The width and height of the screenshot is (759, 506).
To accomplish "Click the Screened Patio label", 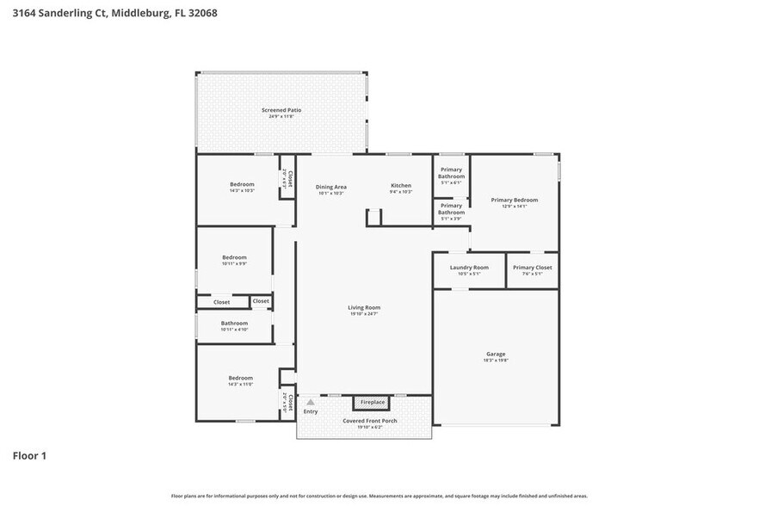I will click(x=281, y=110).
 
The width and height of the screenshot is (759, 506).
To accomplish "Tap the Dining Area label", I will click(x=330, y=187).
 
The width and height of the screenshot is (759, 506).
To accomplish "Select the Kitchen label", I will click(x=401, y=186).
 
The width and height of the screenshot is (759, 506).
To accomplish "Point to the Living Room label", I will click(x=364, y=307).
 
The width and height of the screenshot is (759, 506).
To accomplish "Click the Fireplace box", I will click(x=373, y=402).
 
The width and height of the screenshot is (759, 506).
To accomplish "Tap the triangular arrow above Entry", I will click(x=311, y=401).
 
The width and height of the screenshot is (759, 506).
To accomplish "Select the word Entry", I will click(x=311, y=411).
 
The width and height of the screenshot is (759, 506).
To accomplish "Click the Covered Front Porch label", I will click(x=364, y=421).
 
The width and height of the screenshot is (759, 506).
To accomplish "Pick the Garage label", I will click(x=496, y=354).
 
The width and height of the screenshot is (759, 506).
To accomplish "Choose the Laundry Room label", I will click(x=469, y=268).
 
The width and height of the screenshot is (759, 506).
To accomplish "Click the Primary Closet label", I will click(x=533, y=268).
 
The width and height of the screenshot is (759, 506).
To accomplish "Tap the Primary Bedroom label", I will click(x=515, y=201).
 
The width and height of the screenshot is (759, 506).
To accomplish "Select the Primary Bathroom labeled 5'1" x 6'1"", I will click(x=451, y=173).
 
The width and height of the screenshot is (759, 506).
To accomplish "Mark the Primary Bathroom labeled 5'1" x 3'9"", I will click(x=451, y=209).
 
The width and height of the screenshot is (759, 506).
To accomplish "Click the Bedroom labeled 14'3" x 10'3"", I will click(x=242, y=185).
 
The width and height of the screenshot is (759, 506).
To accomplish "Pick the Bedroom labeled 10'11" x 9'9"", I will click(x=234, y=257).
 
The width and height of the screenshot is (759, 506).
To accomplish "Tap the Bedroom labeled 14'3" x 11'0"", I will click(x=240, y=378).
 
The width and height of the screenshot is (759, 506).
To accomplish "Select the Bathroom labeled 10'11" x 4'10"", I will click(x=234, y=324).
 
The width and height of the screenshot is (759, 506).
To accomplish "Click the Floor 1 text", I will click(x=29, y=455).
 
